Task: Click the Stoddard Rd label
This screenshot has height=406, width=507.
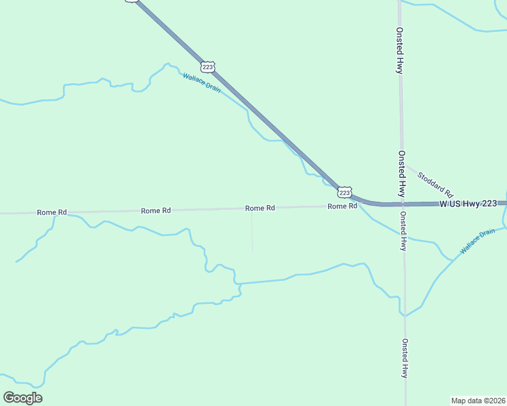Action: point(434,183)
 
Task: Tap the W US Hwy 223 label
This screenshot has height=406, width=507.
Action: point(472,203)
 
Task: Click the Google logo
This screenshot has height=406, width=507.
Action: point(22,398)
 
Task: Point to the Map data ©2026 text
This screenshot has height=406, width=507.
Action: point(478,401)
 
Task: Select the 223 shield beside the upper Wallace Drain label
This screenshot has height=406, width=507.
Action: point(207,66)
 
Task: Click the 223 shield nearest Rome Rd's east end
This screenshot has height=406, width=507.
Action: point(345,193)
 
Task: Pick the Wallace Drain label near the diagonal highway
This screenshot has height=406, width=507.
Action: point(201,83)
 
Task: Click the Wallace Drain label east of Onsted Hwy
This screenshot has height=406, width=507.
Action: point(477,242)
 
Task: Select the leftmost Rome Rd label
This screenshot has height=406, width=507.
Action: point(52,212)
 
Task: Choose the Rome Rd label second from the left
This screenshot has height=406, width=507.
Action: point(155,210)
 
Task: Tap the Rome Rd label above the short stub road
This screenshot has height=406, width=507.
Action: point(260,208)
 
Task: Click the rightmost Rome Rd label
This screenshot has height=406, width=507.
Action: point(342,206)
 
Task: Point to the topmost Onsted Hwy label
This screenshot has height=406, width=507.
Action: point(400,51)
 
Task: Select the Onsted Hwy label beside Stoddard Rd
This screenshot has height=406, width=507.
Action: point(401,173)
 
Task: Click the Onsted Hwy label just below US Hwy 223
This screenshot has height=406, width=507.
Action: point(403,231)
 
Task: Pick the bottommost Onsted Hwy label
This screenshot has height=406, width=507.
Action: point(404,358)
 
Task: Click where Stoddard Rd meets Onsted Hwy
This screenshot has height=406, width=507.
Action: point(405,162)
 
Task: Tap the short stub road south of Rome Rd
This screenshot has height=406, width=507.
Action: point(252,230)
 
